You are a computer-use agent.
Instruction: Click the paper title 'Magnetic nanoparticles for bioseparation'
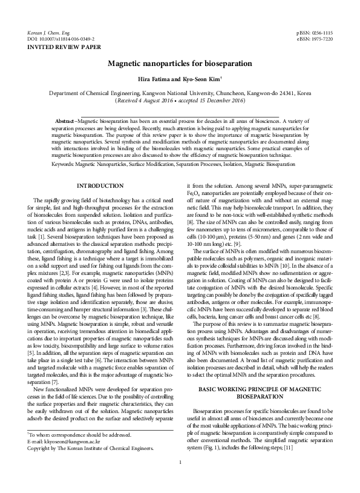[180, 63]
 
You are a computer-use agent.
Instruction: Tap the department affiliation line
[180, 94]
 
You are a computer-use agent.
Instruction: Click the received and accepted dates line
[180, 101]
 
